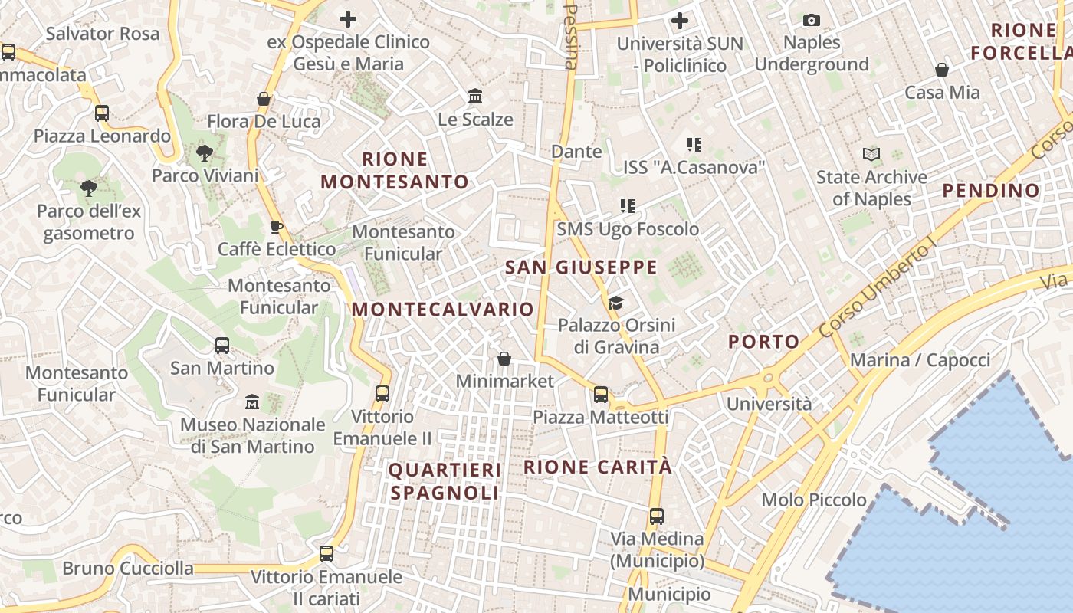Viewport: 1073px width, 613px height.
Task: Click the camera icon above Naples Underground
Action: [x=812, y=20]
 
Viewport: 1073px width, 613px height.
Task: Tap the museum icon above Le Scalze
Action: [x=475, y=97]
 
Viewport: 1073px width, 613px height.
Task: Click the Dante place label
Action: [x=576, y=152]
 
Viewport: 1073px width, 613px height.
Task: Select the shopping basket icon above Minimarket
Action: [x=504, y=358]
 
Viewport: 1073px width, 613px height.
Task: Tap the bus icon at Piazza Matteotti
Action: [x=601, y=395]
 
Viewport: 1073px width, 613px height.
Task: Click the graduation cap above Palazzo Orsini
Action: [x=616, y=303]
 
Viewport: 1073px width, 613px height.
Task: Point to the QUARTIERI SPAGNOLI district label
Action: [x=445, y=481]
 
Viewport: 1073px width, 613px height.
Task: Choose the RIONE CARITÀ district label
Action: [x=598, y=467]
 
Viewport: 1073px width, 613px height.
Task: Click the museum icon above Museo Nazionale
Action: [x=252, y=402]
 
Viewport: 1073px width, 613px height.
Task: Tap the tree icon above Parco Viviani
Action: [x=204, y=153]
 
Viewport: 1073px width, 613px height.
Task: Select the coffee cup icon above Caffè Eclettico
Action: [x=277, y=227]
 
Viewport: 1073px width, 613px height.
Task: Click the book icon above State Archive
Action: [x=871, y=154]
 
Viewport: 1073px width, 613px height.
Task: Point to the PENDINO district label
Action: [x=991, y=190]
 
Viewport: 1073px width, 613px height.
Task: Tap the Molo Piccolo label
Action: [x=814, y=500]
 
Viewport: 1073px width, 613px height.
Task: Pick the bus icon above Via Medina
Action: [x=656, y=516]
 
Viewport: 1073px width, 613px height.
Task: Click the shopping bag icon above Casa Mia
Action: [x=942, y=70]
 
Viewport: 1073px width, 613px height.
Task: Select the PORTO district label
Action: [x=763, y=342]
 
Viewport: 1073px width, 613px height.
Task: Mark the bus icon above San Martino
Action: [x=222, y=346]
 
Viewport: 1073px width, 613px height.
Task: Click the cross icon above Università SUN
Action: [x=680, y=21]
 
